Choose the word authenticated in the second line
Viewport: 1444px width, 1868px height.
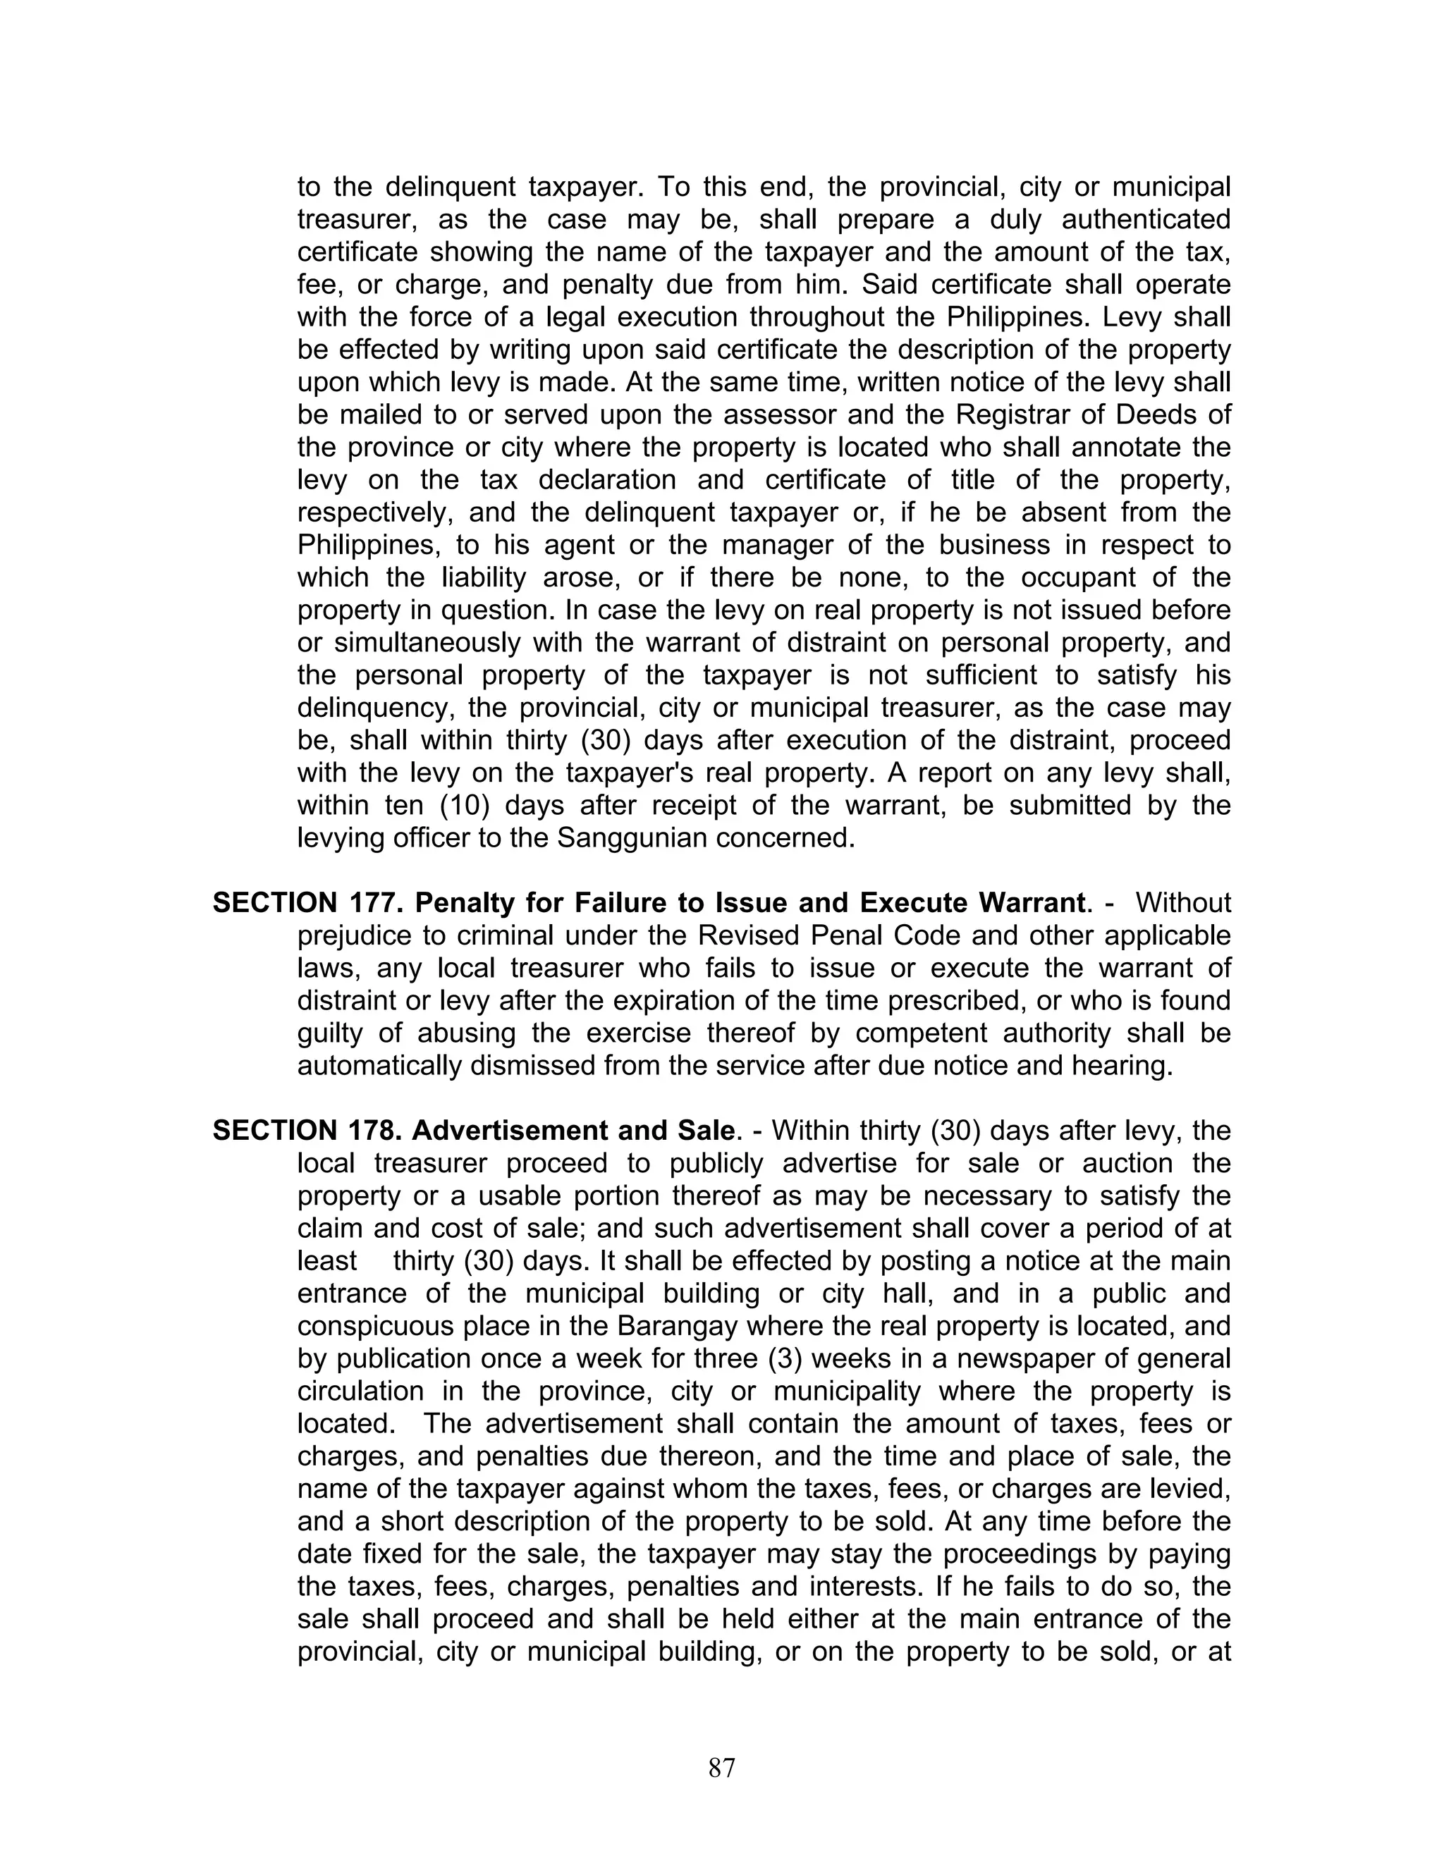1146,220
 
